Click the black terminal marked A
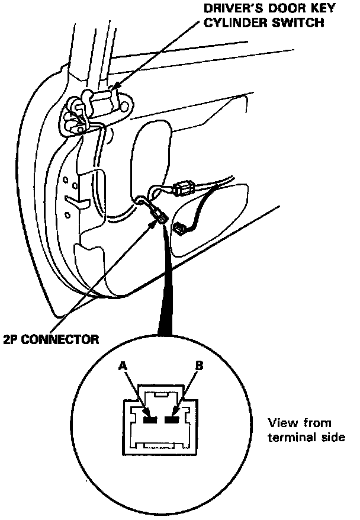pyautogui.click(x=149, y=420)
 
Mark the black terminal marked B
pyautogui.click(x=173, y=420)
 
